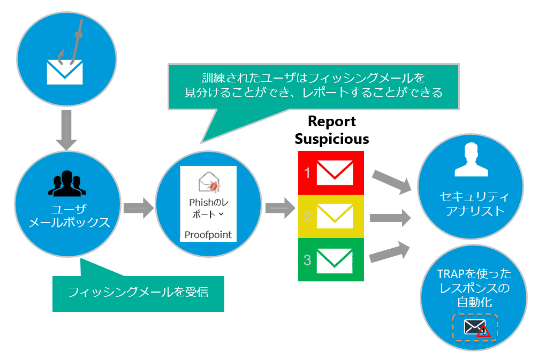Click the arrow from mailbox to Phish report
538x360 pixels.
[137, 208]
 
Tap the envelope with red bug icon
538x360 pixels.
[208, 182]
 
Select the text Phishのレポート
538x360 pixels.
[208, 209]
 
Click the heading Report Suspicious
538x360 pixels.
[332, 130]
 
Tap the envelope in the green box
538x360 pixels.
[335, 260]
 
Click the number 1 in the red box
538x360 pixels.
[308, 173]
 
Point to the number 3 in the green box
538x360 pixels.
[307, 261]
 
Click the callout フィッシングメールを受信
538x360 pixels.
[138, 292]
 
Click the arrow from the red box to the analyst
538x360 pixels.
[391, 182]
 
